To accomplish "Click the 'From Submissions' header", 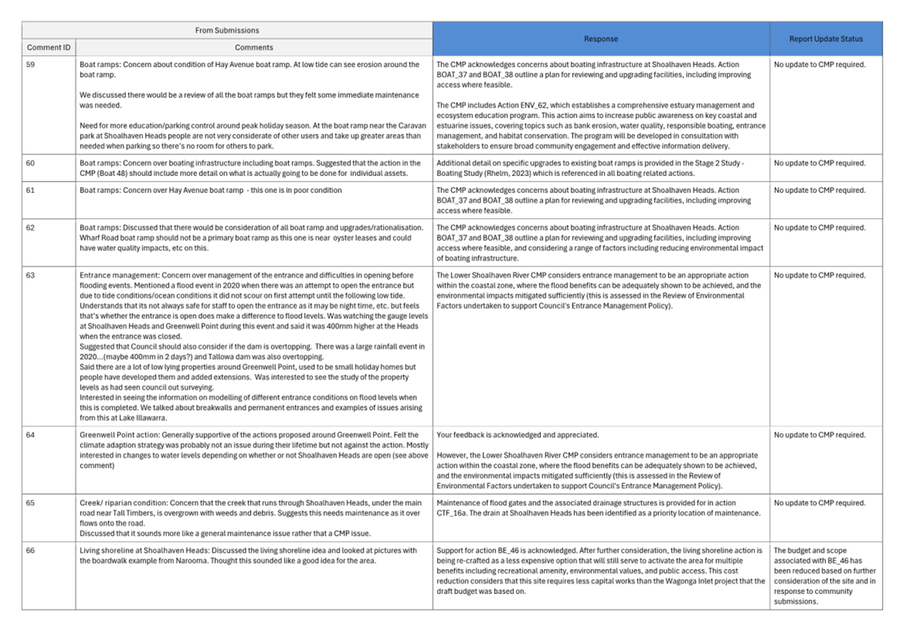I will click(x=227, y=30).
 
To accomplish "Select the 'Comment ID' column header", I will click(x=49, y=47).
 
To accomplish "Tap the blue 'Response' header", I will click(x=601, y=39).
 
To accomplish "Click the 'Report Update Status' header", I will click(x=826, y=39).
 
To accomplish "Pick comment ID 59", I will click(x=31, y=65).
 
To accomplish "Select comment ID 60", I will click(x=31, y=163).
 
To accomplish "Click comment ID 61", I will click(x=31, y=190).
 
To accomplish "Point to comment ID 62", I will click(x=31, y=228).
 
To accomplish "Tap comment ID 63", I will click(x=31, y=276).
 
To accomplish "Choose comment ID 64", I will click(x=31, y=435).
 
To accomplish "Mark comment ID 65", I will click(x=31, y=503).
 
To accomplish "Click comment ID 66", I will click(x=31, y=551).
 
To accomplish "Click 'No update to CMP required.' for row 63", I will click(x=820, y=276).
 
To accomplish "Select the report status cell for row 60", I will click(x=820, y=163).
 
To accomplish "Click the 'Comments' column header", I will click(x=254, y=47).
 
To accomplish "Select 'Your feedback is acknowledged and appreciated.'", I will click(x=517, y=435).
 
